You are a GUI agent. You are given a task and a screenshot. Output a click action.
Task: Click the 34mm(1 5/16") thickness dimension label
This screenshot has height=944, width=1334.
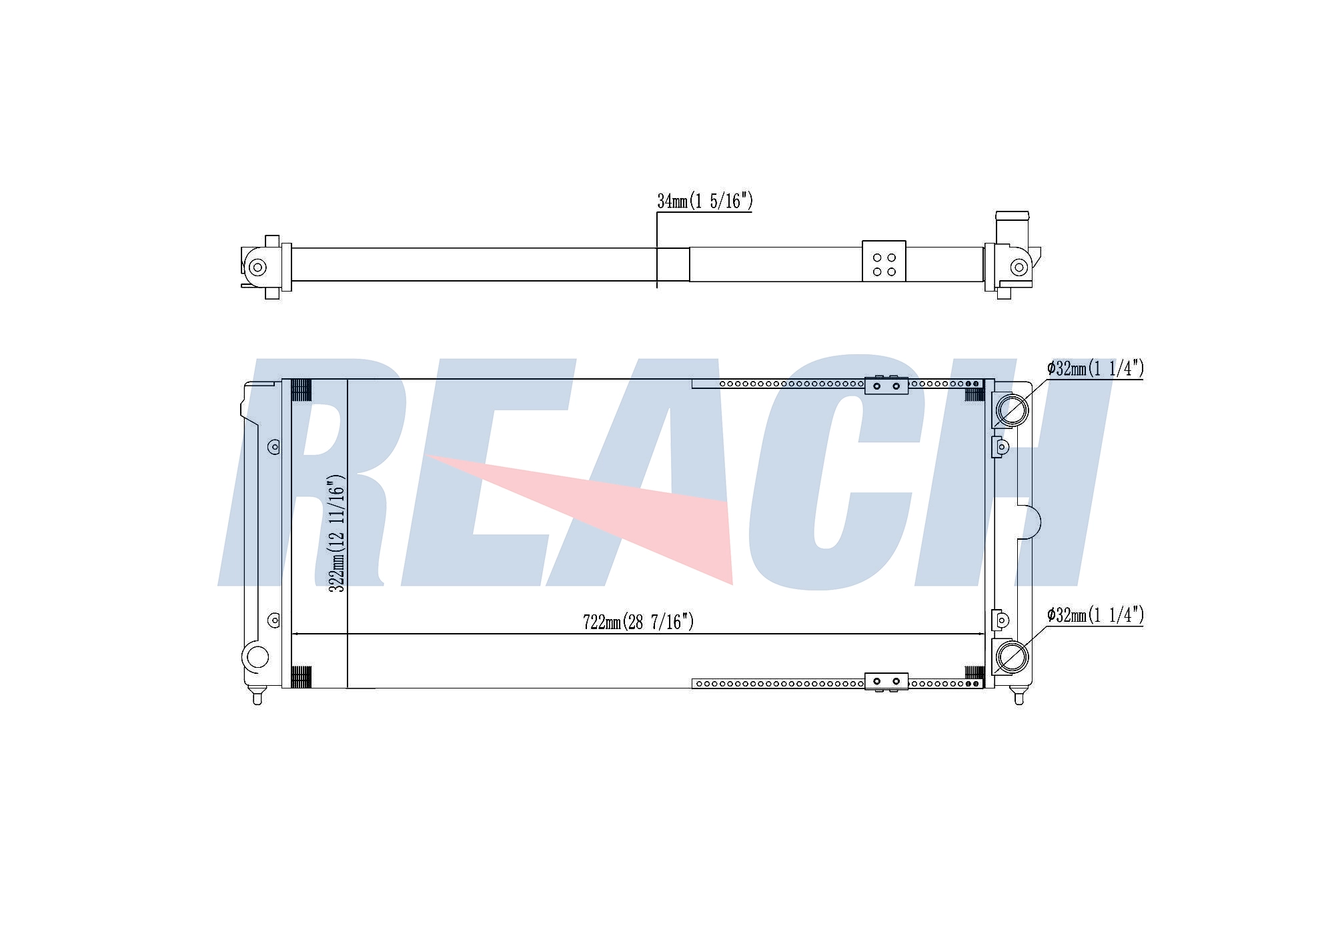coord(704,201)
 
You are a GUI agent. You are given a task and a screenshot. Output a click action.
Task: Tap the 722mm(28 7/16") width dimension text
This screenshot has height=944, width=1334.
coord(638,622)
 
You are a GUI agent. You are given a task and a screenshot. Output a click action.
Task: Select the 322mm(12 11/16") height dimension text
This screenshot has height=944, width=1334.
coord(337,533)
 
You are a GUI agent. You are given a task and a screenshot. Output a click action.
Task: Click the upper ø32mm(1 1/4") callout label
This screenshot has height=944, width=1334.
coord(1095,368)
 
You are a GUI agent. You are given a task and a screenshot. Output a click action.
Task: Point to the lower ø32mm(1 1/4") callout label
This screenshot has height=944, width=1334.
coord(1095,615)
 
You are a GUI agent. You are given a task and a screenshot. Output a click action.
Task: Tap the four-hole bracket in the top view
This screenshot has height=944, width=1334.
coord(884,262)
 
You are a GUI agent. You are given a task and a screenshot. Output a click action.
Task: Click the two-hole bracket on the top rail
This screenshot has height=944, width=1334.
coord(886,385)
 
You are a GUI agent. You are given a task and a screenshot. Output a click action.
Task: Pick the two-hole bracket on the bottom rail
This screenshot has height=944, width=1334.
coord(886,681)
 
